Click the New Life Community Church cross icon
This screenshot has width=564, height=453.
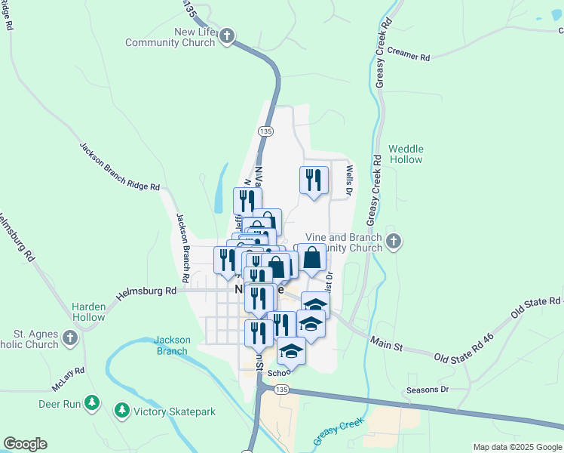[228, 35]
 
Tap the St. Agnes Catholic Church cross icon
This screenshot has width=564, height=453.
[70, 337]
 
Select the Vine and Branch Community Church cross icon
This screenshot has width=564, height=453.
[393, 242]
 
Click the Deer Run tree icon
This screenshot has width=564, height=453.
[93, 403]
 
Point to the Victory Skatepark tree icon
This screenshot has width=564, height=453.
[121, 411]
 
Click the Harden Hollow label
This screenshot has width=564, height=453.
[88, 312]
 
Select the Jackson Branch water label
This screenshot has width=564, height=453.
[172, 345]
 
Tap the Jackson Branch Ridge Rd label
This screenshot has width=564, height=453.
[120, 166]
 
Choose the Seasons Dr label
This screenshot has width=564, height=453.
[427, 390]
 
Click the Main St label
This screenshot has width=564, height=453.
[386, 344]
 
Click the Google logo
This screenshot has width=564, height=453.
[25, 444]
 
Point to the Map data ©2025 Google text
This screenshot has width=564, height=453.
[517, 447]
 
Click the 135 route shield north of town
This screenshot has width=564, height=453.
[265, 131]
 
